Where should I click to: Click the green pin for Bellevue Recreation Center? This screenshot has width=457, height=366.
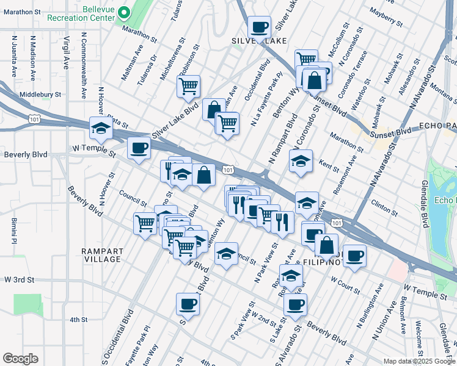(123, 12)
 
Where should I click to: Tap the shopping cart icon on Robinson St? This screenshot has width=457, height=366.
(189, 85)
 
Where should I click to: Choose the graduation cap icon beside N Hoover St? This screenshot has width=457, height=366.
(101, 128)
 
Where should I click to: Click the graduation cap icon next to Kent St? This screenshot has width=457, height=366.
(301, 162)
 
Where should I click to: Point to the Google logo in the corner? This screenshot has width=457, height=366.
(21, 359)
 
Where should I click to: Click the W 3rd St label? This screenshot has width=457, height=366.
(17, 279)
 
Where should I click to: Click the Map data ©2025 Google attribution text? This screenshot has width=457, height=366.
(419, 361)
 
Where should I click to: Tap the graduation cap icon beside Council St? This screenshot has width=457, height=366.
(226, 254)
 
